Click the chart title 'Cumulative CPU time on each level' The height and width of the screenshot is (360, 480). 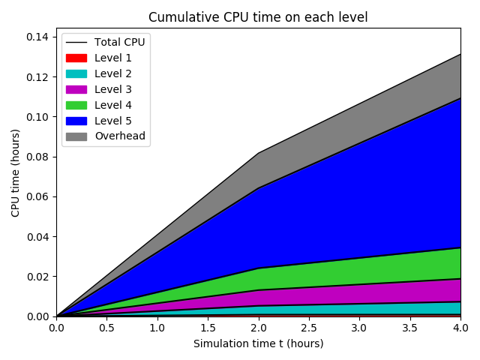(258, 17)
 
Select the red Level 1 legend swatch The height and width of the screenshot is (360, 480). (76, 58)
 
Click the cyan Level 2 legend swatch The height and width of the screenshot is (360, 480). (76, 73)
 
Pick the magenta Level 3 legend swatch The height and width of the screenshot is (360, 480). (76, 89)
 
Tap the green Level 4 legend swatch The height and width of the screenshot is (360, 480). (76, 105)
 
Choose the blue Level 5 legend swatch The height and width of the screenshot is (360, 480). (76, 121)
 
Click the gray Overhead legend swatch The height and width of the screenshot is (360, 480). (76, 136)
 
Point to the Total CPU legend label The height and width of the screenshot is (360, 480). (119, 42)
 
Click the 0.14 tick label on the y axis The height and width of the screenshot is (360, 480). (39, 37)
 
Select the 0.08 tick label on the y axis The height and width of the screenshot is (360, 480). (39, 157)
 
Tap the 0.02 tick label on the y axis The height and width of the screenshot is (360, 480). (39, 277)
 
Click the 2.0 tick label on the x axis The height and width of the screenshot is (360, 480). (258, 328)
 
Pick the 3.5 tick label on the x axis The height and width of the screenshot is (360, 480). (409, 328)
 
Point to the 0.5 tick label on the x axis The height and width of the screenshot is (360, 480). (106, 328)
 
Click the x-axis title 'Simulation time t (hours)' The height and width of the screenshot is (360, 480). (258, 343)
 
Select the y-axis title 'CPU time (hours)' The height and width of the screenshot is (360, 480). (16, 172)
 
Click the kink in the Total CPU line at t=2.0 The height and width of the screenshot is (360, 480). (258, 153)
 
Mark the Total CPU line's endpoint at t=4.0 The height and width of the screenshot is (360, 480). (460, 54)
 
